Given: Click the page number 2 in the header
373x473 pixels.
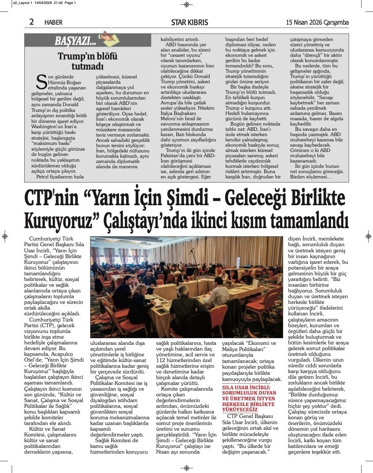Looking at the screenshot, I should (32, 22).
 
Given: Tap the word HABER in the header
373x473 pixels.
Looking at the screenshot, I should (53, 22).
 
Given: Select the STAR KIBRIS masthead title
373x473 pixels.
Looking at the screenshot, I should (189, 22).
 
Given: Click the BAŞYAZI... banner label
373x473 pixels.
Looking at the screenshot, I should (75, 41).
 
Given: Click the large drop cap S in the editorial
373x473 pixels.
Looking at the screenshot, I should (41, 81).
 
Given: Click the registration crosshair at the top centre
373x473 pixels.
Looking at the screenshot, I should (186, 4).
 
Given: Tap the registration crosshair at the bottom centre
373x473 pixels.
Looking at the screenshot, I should (186, 468).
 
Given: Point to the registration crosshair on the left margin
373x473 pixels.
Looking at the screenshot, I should (4, 236).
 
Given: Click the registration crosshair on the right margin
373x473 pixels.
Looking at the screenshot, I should (368, 236).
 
